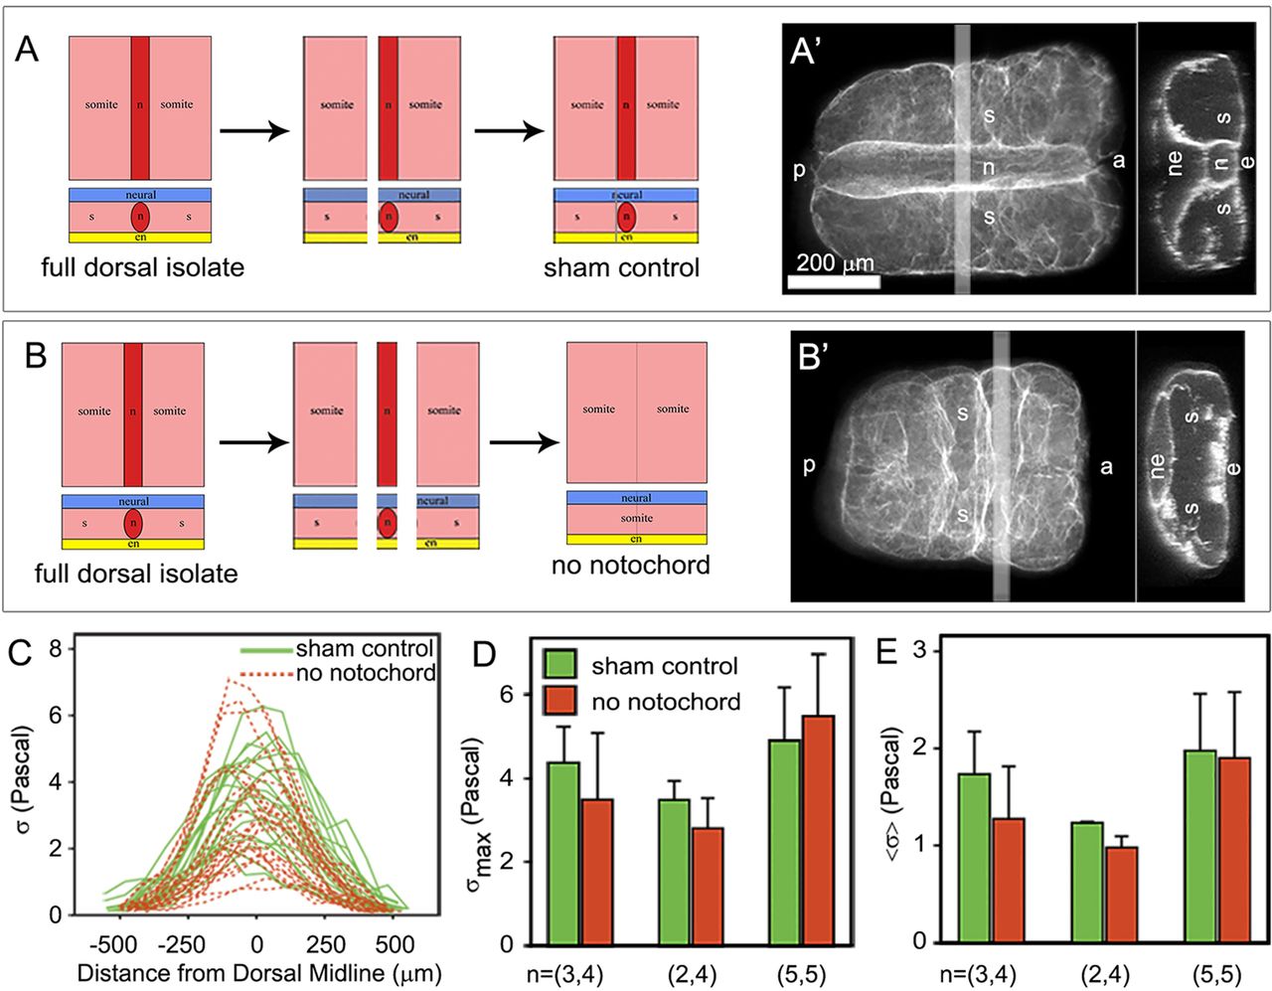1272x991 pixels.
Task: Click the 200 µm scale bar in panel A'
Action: point(833,281)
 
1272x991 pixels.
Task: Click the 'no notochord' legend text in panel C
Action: point(366,673)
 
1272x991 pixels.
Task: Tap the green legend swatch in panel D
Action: point(559,664)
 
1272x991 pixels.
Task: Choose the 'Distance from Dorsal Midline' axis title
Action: point(258,972)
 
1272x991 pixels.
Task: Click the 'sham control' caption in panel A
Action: point(621,267)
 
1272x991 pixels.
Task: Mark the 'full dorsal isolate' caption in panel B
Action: point(136,574)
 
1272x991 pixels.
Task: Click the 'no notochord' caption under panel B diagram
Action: point(631,566)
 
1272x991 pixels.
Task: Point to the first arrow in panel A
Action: point(253,131)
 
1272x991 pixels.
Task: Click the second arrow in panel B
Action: point(524,440)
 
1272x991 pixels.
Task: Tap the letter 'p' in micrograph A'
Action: point(799,170)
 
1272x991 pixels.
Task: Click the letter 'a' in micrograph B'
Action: point(1106,466)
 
